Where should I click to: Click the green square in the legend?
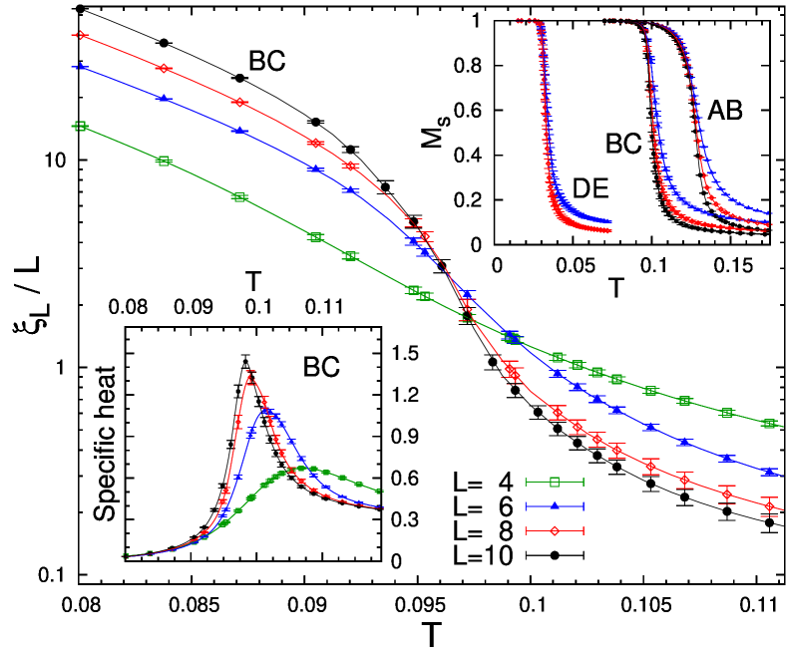(x=555, y=482)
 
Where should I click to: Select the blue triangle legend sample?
(x=555, y=505)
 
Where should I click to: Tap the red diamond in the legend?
(x=555, y=530)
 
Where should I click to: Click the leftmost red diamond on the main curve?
(x=82, y=35)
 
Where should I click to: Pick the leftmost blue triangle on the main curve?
(x=82, y=66)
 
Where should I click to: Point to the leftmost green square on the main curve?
(x=82, y=126)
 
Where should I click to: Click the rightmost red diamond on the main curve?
(x=769, y=506)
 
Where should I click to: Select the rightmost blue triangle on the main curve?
(x=769, y=471)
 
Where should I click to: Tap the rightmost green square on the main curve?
(x=769, y=424)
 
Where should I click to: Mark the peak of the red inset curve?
(x=249, y=376)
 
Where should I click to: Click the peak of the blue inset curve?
(x=266, y=409)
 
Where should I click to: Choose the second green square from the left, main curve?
(x=165, y=161)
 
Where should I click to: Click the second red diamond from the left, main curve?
(x=164, y=68)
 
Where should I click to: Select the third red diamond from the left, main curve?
(x=239, y=102)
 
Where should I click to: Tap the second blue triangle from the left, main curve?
(x=164, y=97)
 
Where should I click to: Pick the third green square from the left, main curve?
(x=239, y=197)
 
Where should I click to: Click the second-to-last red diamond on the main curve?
(x=727, y=493)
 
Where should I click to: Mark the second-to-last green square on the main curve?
(x=727, y=413)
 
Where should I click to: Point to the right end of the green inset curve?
(x=380, y=491)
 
